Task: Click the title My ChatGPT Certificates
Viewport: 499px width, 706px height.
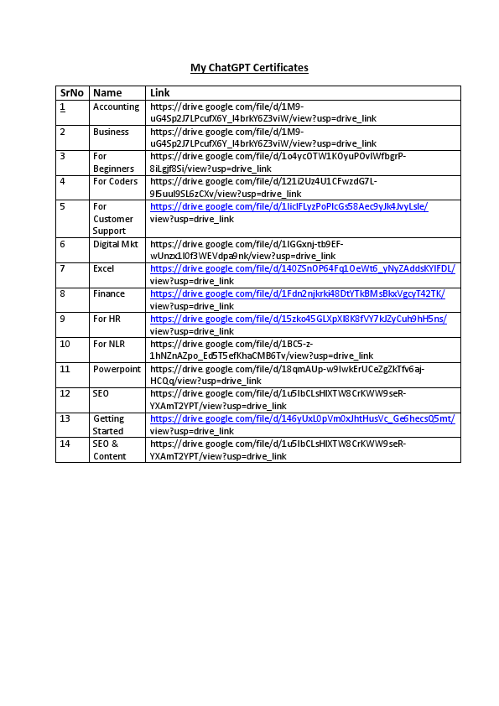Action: (249, 67)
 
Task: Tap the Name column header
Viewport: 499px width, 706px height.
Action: (107, 93)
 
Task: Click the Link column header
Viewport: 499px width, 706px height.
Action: (160, 93)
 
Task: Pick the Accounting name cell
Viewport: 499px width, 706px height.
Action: (117, 107)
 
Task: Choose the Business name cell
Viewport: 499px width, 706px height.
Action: (111, 132)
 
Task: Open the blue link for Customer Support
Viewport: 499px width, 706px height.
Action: (288, 206)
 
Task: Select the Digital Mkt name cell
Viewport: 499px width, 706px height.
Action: (114, 244)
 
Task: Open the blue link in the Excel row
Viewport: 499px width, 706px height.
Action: (302, 269)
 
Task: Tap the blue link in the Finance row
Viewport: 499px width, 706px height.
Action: (297, 294)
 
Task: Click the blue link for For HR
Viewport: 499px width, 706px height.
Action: (298, 319)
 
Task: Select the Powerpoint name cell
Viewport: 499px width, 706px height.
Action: (117, 369)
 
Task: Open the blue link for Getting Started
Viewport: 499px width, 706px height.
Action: (302, 419)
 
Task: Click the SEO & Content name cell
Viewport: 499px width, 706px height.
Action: (110, 449)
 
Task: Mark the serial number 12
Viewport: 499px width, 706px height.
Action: (65, 393)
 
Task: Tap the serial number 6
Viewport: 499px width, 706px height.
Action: (62, 244)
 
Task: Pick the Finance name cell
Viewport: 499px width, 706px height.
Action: (109, 294)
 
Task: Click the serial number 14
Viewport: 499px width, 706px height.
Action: (65, 444)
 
